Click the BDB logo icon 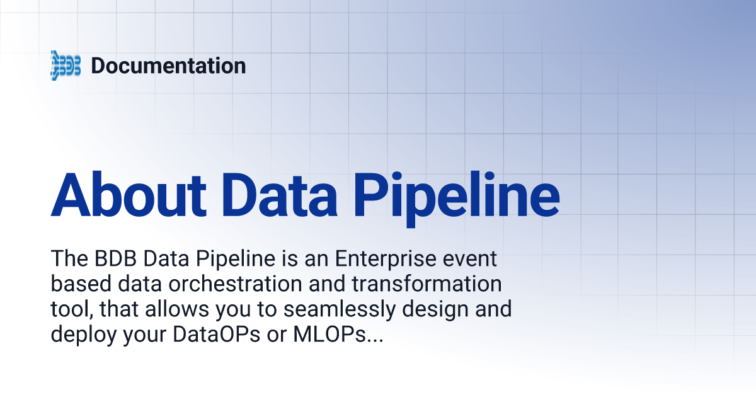point(66,65)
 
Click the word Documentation point(168,65)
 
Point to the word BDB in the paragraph point(108,258)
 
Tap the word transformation point(426,284)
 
